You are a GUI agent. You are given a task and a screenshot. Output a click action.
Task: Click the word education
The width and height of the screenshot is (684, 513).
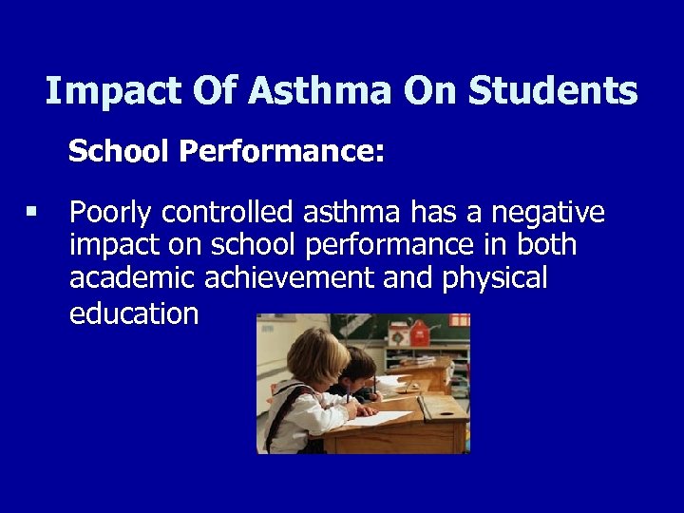click(134, 314)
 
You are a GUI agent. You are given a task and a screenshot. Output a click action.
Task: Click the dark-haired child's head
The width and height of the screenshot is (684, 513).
click(358, 363)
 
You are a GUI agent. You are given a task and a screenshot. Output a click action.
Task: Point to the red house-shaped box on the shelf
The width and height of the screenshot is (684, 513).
click(420, 332)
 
